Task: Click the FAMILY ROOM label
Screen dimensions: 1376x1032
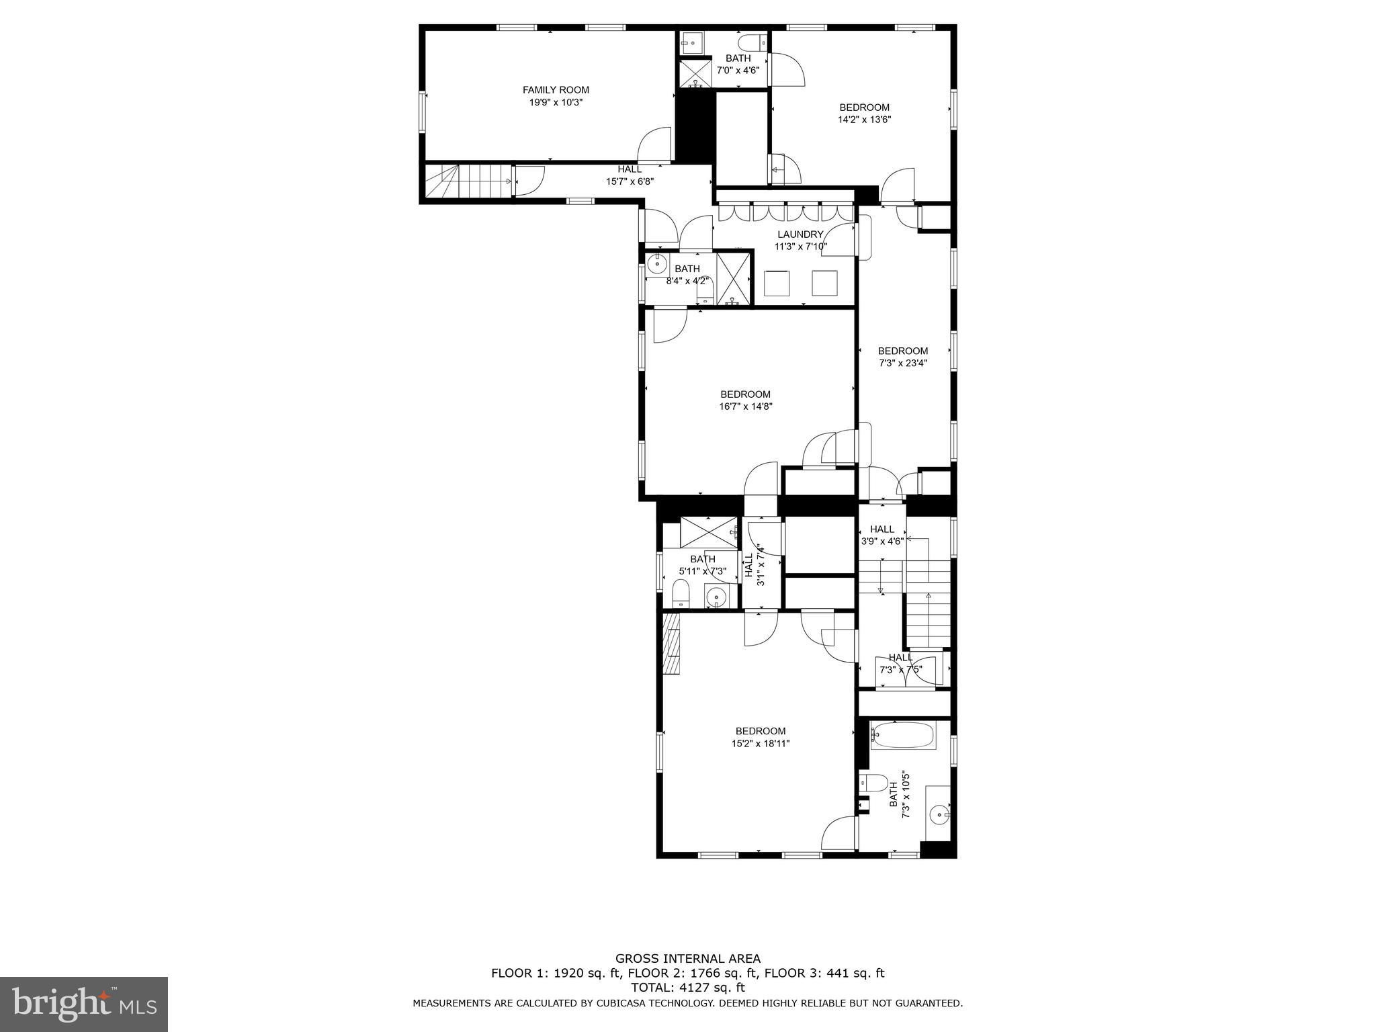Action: [x=556, y=90]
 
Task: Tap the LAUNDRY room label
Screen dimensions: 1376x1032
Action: [x=800, y=234]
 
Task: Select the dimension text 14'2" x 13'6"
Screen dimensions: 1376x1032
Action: [x=864, y=120]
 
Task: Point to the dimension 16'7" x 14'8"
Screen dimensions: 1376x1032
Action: [x=745, y=406]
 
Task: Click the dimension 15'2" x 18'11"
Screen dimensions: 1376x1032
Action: [x=760, y=744]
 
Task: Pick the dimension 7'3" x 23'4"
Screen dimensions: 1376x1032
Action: [x=902, y=363]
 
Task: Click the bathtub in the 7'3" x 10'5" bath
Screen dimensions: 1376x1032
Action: [x=902, y=736]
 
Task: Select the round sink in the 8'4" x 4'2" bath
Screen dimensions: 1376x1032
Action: [x=658, y=263]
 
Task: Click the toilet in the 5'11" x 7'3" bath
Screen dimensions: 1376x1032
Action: [x=681, y=594]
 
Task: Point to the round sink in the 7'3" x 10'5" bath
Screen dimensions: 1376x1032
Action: [x=939, y=815]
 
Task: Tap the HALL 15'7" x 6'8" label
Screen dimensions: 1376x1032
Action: [x=630, y=175]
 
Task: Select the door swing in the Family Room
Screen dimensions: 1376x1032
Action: [x=654, y=144]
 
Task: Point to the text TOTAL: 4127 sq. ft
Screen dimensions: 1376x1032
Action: [x=688, y=988]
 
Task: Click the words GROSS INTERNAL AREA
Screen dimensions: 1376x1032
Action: [x=688, y=959]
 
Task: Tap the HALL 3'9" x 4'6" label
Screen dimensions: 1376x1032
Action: [x=882, y=535]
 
